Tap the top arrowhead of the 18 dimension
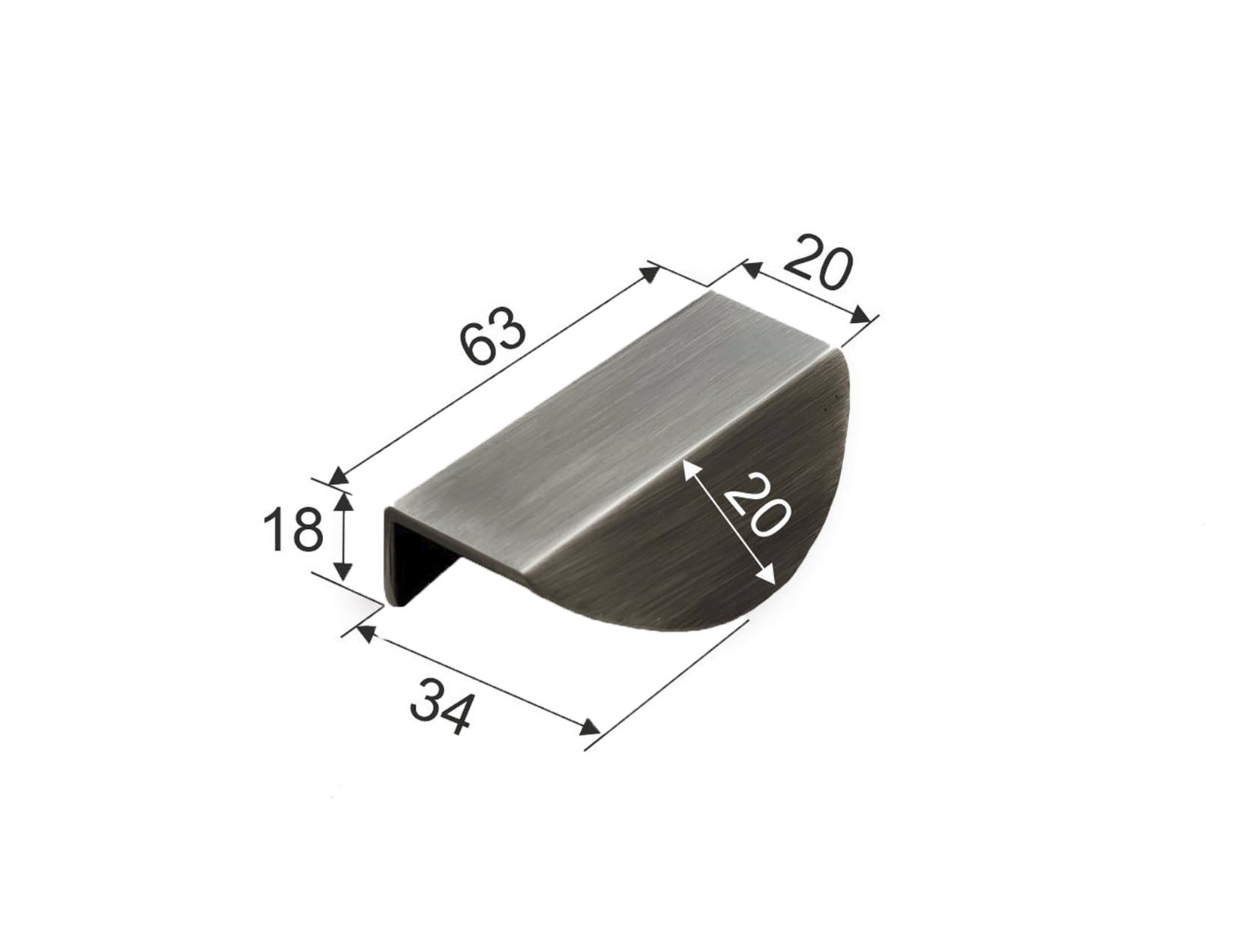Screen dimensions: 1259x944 tap(343, 501)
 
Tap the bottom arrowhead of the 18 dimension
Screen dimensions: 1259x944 tap(343, 571)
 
